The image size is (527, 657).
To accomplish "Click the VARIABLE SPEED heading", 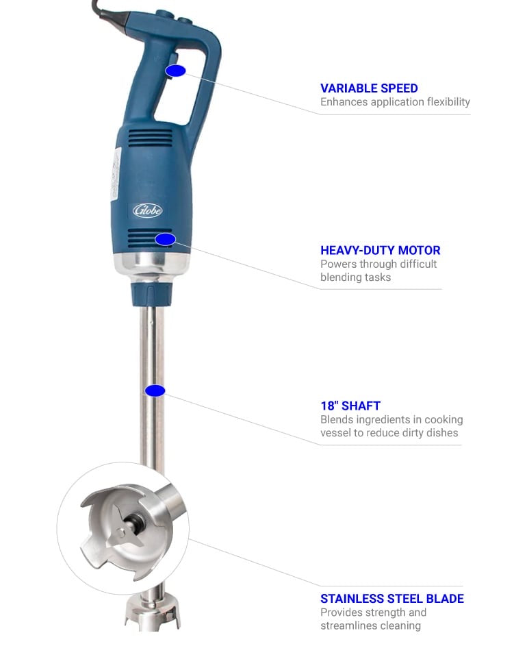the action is pos(369,88).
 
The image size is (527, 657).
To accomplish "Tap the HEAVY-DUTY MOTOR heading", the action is pos(380,251).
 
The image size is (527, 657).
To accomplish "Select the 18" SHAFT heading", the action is pos(350,406).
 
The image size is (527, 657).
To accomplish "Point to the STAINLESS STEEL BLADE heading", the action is pos(391,599).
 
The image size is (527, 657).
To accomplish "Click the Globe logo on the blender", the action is pos(147,210).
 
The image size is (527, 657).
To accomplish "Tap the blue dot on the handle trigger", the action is pos(175,71).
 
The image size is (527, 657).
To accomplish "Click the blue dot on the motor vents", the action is pos(166,239).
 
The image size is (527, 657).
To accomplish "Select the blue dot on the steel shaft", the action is pos(155,391).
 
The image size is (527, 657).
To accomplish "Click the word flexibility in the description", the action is pos(448,102).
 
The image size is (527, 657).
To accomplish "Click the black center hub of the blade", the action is pos(136,521).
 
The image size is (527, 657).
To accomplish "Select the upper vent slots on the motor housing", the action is pos(150,138).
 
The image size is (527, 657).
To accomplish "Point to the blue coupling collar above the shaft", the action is pos(151,294).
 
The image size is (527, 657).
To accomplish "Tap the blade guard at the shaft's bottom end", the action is pos(153,612).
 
